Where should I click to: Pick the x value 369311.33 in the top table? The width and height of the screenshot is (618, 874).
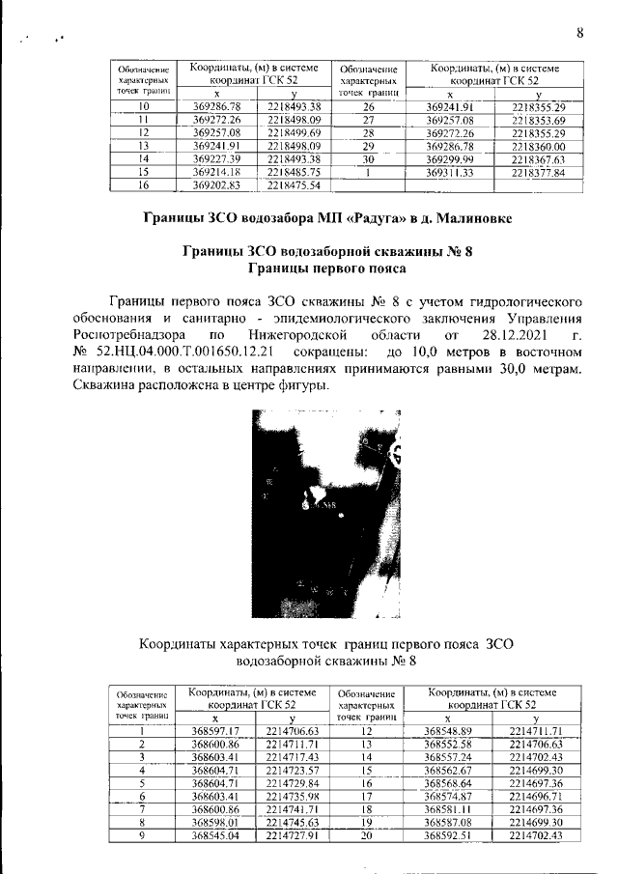(453, 172)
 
